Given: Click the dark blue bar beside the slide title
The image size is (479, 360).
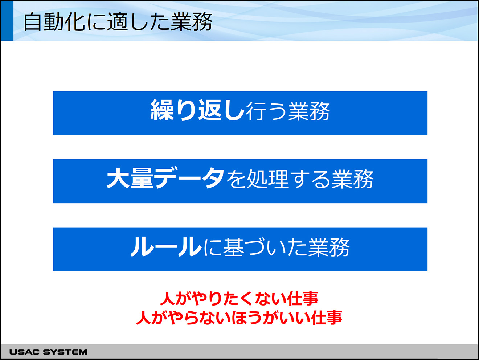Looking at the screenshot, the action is [7, 21].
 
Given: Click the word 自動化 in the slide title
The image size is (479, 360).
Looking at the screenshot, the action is [54, 22].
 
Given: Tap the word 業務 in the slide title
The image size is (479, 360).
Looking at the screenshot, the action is [192, 22].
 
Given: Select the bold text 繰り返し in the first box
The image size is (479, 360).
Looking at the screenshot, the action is [197, 110].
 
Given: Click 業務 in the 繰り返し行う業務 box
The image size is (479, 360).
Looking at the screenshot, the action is [309, 111].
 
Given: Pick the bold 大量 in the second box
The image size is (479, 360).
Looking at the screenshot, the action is [130, 178].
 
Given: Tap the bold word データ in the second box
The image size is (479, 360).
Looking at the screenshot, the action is [189, 178].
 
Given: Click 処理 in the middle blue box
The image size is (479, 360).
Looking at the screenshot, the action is [267, 179].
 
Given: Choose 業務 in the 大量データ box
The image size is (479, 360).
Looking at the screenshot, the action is [353, 179].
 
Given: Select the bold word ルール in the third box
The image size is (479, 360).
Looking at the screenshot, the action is [166, 247].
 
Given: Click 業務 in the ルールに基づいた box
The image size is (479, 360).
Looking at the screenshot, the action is [329, 247].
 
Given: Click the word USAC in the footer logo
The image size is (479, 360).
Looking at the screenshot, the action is [24, 352].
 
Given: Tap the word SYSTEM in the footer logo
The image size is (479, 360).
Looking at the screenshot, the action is [65, 352].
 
